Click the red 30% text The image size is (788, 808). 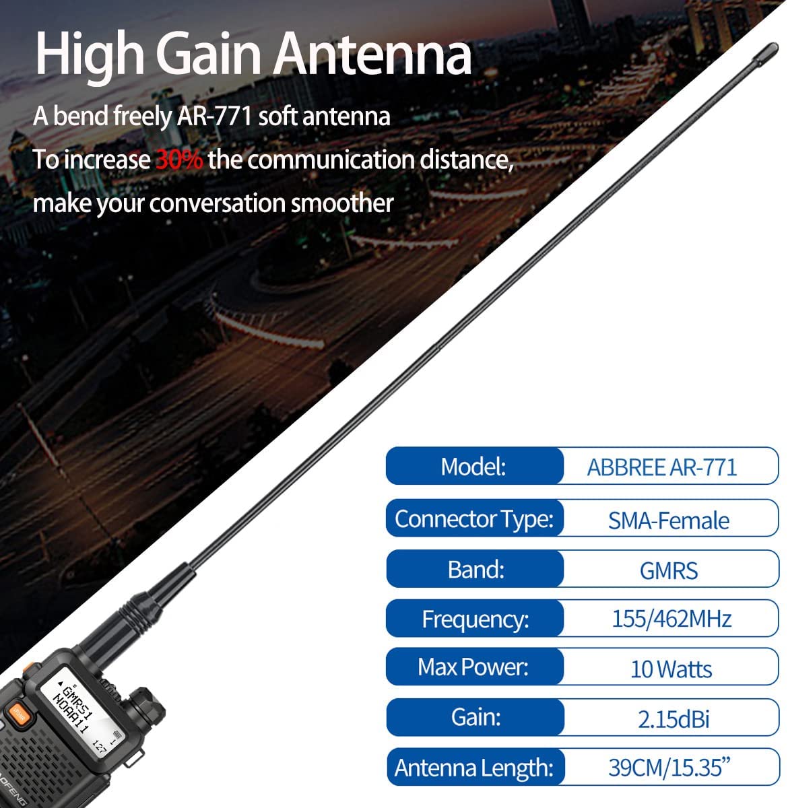[x=179, y=160]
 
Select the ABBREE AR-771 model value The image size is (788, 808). [x=662, y=467]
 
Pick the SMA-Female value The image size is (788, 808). [x=668, y=520]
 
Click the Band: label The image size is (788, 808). [x=476, y=569]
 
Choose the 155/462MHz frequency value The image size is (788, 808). [x=671, y=619]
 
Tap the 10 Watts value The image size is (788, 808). [x=671, y=669]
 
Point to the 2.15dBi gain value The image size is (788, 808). [x=674, y=718]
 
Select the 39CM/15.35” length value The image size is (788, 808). [x=669, y=768]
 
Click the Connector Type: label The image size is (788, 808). [x=474, y=519]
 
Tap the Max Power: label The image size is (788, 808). [x=473, y=667]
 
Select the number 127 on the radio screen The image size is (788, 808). [x=99, y=747]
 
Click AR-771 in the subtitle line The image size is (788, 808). [x=214, y=116]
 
